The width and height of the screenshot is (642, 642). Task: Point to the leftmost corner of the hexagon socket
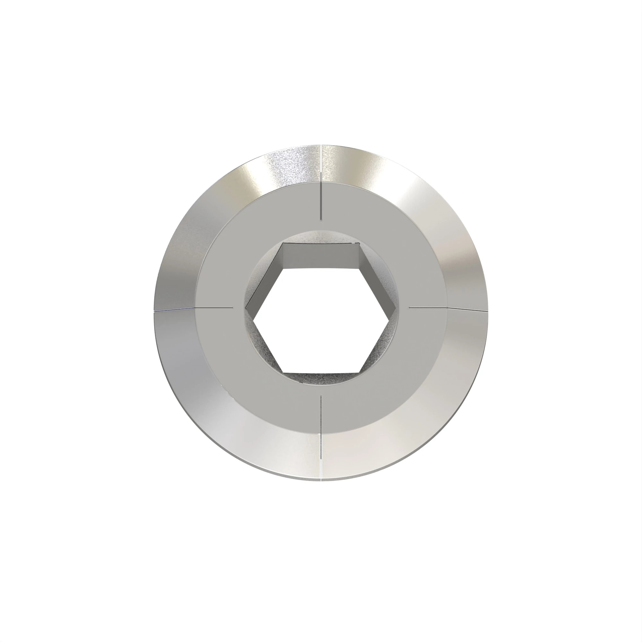click(246, 308)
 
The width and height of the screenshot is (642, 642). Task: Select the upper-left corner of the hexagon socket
click(283, 244)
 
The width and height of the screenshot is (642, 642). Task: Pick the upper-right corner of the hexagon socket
click(360, 244)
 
